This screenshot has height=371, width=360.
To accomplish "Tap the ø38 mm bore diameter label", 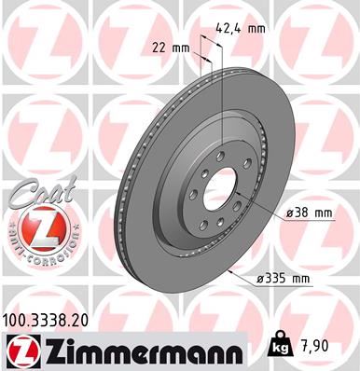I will click(312, 213).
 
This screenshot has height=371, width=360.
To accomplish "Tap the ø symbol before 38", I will click(290, 213).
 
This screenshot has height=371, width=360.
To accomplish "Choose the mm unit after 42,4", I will click(256, 27).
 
